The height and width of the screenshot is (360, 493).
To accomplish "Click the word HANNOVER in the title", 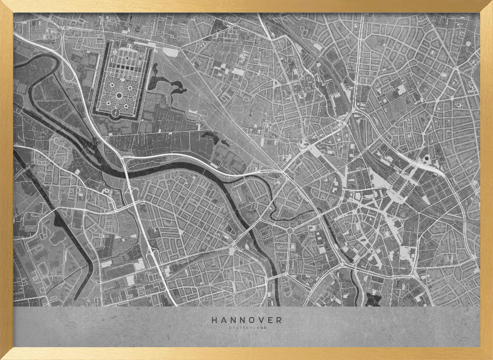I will coord(246,320).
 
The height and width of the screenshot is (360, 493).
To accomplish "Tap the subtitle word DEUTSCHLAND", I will coord(246,327).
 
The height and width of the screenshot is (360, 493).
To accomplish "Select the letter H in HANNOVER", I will coord(214,320).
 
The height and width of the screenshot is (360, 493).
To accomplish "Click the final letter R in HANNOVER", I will coord(280,320).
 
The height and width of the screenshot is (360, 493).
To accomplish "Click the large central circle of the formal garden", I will coord(119,95).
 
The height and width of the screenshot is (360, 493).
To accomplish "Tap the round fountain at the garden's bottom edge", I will coord(115,113).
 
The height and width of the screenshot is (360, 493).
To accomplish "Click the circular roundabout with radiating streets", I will coord(290,230).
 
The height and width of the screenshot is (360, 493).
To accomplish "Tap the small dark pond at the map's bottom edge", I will coord(372,299).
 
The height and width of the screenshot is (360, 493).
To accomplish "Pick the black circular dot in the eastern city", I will coord(426,159).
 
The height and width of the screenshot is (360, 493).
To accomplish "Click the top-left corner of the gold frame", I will coord(2,2).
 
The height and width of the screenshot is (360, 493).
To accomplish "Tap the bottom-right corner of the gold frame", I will coord(491,358).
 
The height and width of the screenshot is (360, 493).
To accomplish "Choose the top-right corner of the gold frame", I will coord(491,2).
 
